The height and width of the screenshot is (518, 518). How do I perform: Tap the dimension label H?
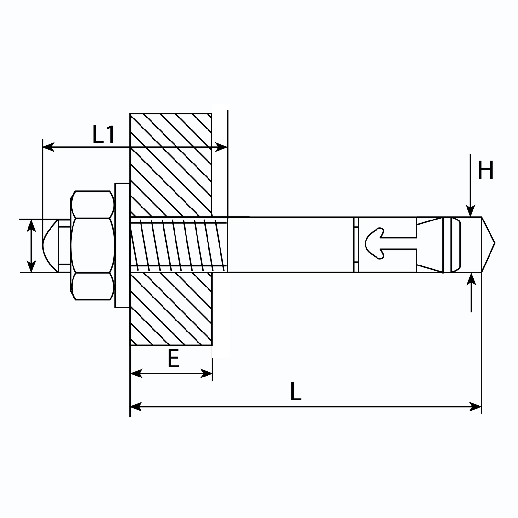[486, 170]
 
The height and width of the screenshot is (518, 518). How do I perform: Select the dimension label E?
[174, 359]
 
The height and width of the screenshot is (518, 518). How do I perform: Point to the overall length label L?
[296, 391]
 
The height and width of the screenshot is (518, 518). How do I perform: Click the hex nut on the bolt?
[93, 245]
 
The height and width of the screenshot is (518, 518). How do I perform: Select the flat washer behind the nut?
[122, 245]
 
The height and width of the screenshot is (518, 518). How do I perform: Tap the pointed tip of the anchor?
[494, 243]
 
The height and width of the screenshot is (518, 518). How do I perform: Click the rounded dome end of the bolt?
[51, 245]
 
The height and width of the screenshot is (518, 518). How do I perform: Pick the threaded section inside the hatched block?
[178, 244]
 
